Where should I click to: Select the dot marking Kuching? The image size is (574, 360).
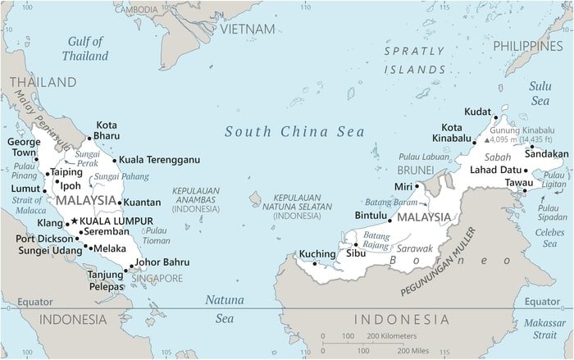click(315, 264)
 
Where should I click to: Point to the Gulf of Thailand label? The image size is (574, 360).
click(85, 48)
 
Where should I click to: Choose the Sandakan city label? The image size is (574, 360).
click(546, 153)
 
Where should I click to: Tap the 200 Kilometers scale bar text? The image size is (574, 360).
click(391, 336)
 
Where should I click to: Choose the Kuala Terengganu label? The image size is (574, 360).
click(159, 160)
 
